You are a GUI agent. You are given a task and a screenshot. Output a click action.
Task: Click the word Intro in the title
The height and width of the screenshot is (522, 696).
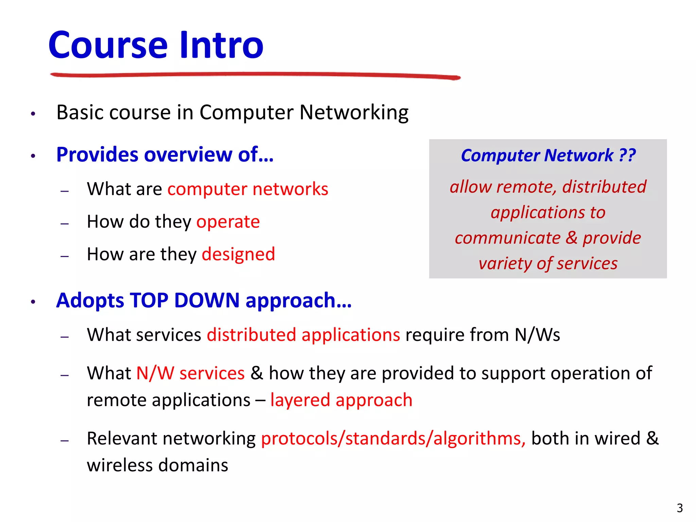pos(221,45)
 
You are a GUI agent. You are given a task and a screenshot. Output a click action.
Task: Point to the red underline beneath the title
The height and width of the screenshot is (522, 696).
pos(255,75)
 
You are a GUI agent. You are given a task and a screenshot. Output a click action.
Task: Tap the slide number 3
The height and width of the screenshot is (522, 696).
pos(679,508)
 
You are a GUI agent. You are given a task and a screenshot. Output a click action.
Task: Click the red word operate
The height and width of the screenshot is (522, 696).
pos(228,222)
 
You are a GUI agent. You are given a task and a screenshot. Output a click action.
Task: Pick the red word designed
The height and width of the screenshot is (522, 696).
pos(238,255)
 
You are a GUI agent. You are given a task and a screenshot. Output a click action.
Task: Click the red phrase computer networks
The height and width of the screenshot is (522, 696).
pos(248,189)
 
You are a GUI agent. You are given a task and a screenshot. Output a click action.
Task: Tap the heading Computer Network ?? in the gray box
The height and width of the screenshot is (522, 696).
pos(548,156)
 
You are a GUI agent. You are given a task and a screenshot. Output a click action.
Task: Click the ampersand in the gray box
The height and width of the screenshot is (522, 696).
pos(572,238)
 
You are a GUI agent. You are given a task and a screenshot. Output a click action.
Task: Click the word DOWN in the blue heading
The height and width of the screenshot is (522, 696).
pos(207,300)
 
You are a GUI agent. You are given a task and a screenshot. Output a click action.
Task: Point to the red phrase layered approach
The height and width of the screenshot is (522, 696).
pos(341,400)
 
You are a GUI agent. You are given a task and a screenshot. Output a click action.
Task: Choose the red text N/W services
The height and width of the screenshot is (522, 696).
pos(190,373)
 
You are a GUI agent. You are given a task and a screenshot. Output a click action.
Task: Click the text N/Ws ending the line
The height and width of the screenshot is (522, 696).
pos(537,335)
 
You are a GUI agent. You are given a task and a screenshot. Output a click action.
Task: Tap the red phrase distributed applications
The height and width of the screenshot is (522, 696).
pos(303,335)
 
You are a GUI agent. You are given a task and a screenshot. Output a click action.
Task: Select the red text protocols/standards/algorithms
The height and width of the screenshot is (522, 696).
pos(393,439)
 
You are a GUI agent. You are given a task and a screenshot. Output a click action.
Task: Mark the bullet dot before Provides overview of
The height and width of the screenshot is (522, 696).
pos(33,156)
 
